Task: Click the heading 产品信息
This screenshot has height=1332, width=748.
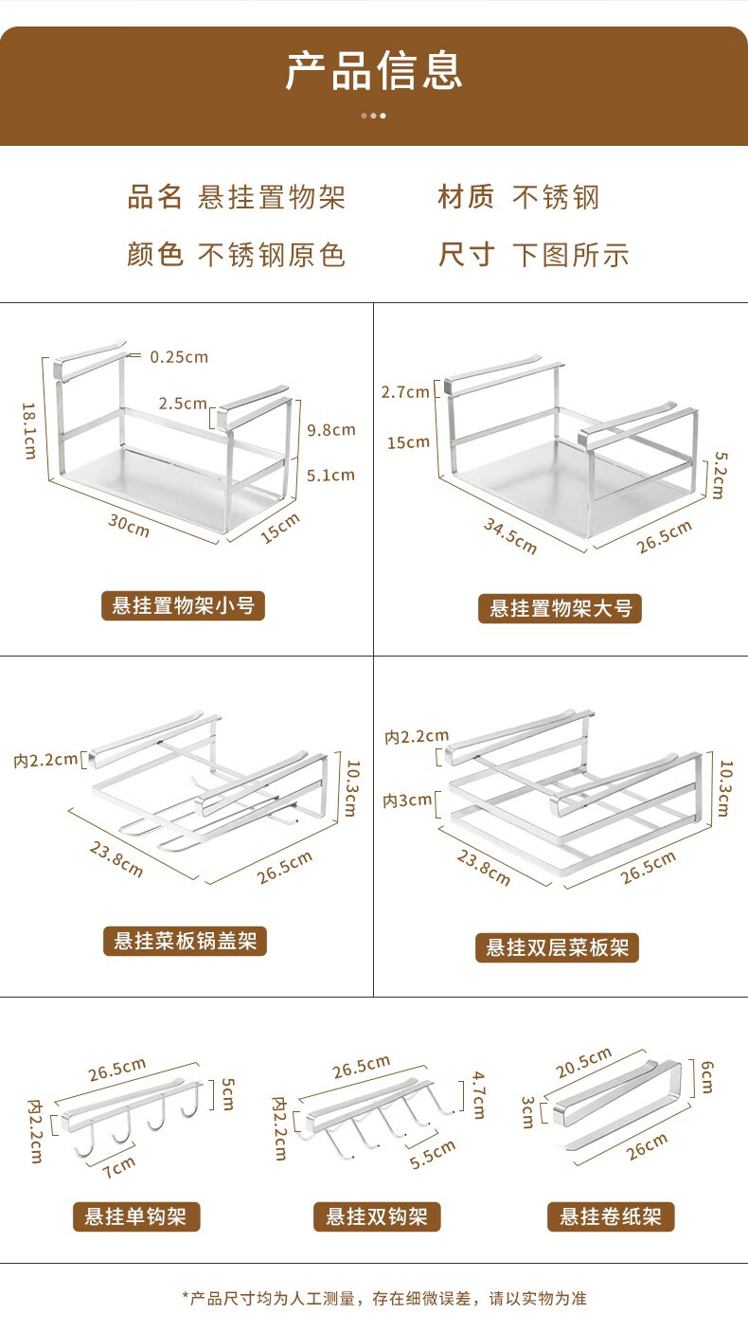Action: point(374,71)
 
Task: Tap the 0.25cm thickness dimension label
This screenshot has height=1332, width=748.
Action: point(179,357)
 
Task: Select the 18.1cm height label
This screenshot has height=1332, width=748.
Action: point(29,430)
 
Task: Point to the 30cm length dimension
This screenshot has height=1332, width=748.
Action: point(129,526)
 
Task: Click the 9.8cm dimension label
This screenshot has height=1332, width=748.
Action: point(331,430)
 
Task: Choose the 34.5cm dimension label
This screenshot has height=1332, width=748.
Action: point(510,536)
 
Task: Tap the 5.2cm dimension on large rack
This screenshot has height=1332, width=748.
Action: point(719,476)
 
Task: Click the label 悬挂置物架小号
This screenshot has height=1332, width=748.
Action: point(183,605)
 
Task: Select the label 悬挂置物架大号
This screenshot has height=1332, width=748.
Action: point(560,608)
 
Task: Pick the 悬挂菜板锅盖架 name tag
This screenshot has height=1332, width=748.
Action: point(185,941)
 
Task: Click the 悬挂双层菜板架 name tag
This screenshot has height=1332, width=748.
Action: point(557,947)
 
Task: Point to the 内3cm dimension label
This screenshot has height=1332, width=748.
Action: point(407,801)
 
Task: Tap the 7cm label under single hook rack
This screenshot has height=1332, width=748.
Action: point(119,1167)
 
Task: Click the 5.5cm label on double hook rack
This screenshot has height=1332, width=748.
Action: point(433,1154)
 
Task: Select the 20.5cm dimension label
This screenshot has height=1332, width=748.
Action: point(583,1063)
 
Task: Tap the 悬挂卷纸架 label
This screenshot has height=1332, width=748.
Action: point(611,1216)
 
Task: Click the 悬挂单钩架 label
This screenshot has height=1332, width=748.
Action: point(136,1216)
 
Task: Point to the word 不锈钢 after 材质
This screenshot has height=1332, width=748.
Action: point(556,197)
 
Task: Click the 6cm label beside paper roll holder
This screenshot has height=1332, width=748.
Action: point(706,1077)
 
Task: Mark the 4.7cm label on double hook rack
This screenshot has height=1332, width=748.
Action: point(479,1095)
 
